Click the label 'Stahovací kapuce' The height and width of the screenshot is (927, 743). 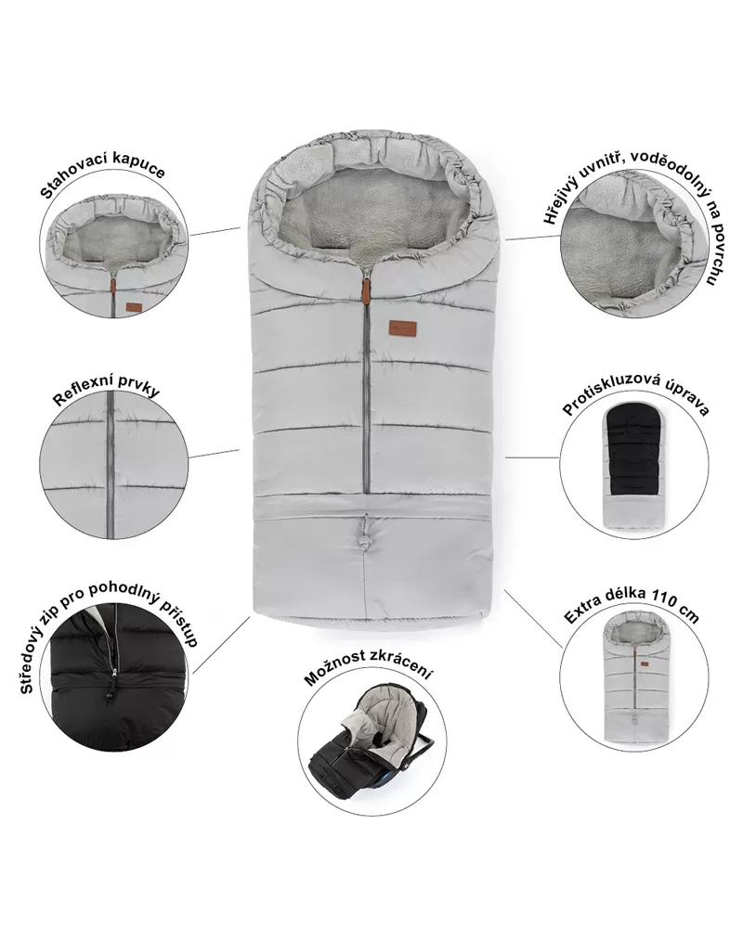[102, 171]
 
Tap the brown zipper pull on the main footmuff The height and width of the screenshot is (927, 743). [366, 290]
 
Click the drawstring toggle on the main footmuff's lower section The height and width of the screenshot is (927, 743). [365, 532]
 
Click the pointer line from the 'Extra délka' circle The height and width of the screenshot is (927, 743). [534, 618]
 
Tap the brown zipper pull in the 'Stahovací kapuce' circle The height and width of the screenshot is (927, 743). [112, 286]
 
